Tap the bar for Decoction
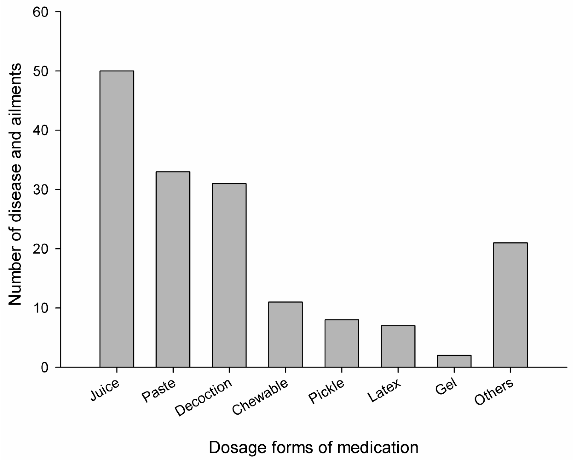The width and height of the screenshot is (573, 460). click(x=229, y=275)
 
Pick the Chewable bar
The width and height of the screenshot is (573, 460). click(x=286, y=335)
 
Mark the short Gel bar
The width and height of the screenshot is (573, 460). click(x=454, y=361)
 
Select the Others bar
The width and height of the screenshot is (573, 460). click(x=510, y=305)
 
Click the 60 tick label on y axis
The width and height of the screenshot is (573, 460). click(x=40, y=12)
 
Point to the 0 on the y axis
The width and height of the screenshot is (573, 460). click(x=45, y=368)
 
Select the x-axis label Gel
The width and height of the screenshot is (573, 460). click(x=446, y=387)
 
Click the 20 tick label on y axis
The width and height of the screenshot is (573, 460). click(x=40, y=249)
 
